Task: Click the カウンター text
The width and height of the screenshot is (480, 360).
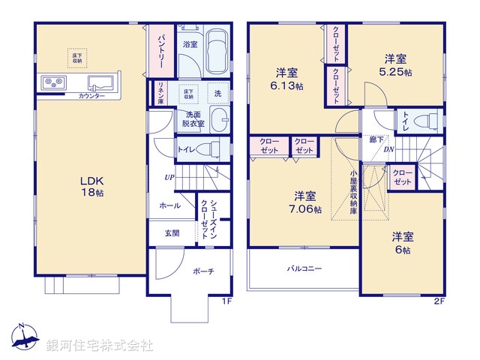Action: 90,96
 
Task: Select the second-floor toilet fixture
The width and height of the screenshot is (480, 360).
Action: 429,121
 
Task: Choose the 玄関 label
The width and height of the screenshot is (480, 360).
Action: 172,232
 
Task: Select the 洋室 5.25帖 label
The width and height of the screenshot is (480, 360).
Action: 396,64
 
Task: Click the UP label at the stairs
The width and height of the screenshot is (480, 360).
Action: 171,178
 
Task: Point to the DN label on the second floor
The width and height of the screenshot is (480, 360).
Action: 389,148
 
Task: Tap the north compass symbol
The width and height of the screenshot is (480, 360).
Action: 25,340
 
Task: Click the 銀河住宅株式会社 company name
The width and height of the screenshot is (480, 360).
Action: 99,346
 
